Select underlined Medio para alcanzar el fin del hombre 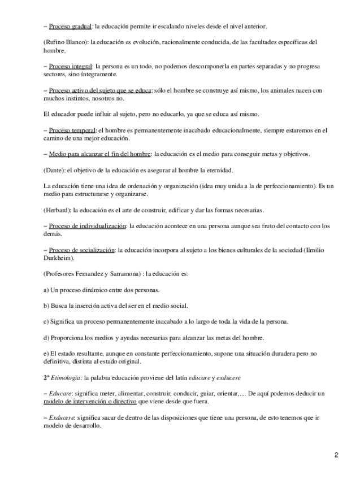(x=99, y=154)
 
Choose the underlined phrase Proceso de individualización (x=87, y=226)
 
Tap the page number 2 (x=336, y=455)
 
